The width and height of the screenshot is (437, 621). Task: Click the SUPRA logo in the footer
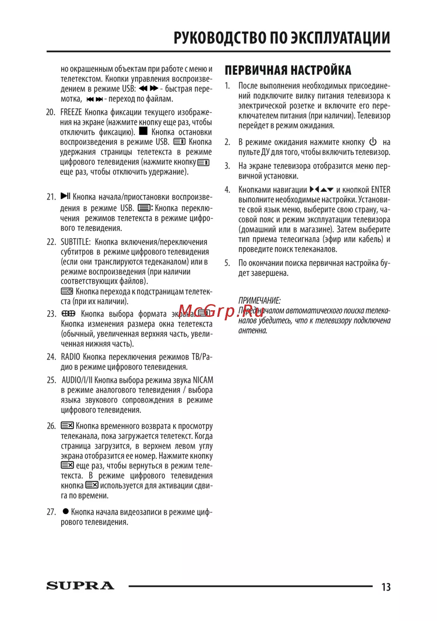point(80,586)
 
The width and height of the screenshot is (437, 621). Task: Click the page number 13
point(386,587)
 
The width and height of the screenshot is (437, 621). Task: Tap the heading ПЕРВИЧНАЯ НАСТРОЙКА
point(288,70)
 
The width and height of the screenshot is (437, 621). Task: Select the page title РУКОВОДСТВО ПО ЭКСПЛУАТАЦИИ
point(282,38)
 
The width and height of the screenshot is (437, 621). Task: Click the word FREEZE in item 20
point(71,112)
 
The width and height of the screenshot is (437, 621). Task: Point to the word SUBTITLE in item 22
point(76,242)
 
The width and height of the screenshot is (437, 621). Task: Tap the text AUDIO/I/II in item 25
point(77,380)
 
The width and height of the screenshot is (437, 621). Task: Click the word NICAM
point(203,380)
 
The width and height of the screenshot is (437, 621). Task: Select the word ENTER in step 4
point(381,189)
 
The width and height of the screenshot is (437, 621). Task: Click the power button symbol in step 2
point(373,142)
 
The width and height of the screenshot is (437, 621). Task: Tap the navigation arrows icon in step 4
point(322,189)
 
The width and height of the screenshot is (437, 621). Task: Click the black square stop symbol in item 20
point(143,131)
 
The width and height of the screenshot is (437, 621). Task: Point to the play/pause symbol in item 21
point(66,196)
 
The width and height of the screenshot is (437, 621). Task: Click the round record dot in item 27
point(66,511)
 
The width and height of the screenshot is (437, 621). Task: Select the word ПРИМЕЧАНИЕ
point(259,300)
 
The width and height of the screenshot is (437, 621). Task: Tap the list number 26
point(51,426)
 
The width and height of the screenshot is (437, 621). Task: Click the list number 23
point(51,314)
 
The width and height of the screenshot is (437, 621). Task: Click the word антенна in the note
point(252,331)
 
